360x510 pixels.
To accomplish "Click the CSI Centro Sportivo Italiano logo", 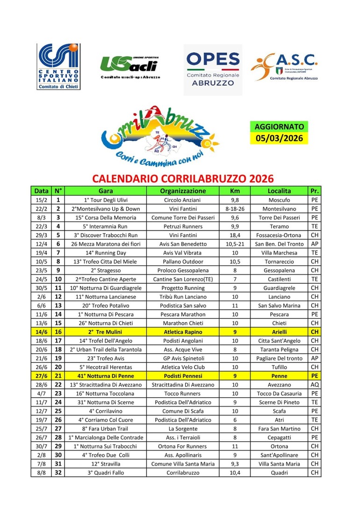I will click(58, 66).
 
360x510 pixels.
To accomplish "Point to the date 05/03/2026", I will click(279, 138).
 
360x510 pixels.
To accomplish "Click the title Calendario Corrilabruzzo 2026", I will click(183, 179).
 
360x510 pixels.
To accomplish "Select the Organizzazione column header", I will click(183, 191).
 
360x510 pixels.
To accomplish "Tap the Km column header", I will click(235, 191).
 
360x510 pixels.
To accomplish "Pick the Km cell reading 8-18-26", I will click(235, 209).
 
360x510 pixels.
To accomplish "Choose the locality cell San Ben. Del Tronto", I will click(279, 244).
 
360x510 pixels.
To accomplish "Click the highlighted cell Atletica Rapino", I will click(183, 332).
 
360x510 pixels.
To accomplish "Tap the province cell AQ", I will click(315, 385).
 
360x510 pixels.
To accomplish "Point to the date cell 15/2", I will click(42, 200).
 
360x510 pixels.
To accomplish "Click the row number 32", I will click(58, 473).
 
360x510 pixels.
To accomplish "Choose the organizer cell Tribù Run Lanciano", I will click(183, 297).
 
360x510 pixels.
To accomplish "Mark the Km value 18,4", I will click(235, 235).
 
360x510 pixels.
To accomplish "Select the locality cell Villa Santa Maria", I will click(279, 464).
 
